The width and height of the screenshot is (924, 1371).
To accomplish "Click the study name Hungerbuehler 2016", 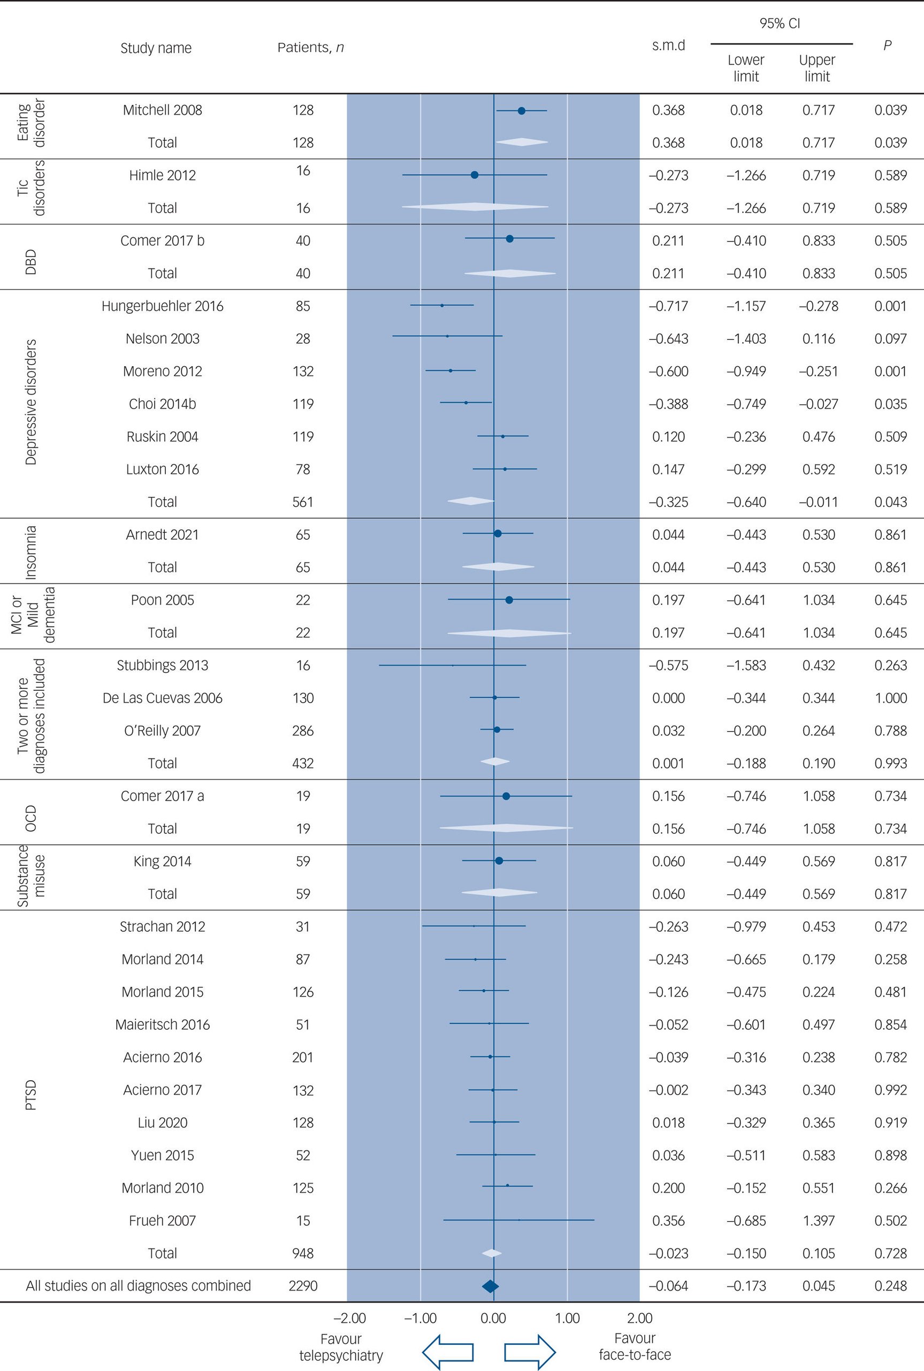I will click(162, 306).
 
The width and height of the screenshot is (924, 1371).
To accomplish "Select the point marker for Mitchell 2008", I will click(521, 110).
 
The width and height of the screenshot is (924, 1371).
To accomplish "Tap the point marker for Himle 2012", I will click(475, 175).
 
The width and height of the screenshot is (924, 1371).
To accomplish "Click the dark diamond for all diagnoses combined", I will click(490, 1286).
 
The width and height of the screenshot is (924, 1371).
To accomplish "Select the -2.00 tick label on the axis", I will click(349, 1318).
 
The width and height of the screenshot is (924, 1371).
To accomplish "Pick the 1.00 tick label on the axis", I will click(568, 1318).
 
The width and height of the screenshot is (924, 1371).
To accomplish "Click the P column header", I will click(887, 46).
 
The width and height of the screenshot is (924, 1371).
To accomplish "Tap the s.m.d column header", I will click(668, 46).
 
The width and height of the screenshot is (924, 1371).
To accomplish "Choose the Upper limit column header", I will click(817, 68).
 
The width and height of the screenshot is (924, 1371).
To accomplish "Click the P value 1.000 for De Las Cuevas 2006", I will click(890, 698).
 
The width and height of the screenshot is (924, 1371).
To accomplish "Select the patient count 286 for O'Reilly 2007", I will click(303, 730).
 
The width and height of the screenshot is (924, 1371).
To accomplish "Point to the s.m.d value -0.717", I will click(668, 306).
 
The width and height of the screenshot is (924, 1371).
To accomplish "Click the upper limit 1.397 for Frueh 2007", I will click(819, 1221).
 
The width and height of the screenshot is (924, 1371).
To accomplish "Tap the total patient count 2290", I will click(303, 1286).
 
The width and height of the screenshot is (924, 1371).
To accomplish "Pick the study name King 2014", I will click(162, 862).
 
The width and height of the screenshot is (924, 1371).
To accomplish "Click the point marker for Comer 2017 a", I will click(506, 796).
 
